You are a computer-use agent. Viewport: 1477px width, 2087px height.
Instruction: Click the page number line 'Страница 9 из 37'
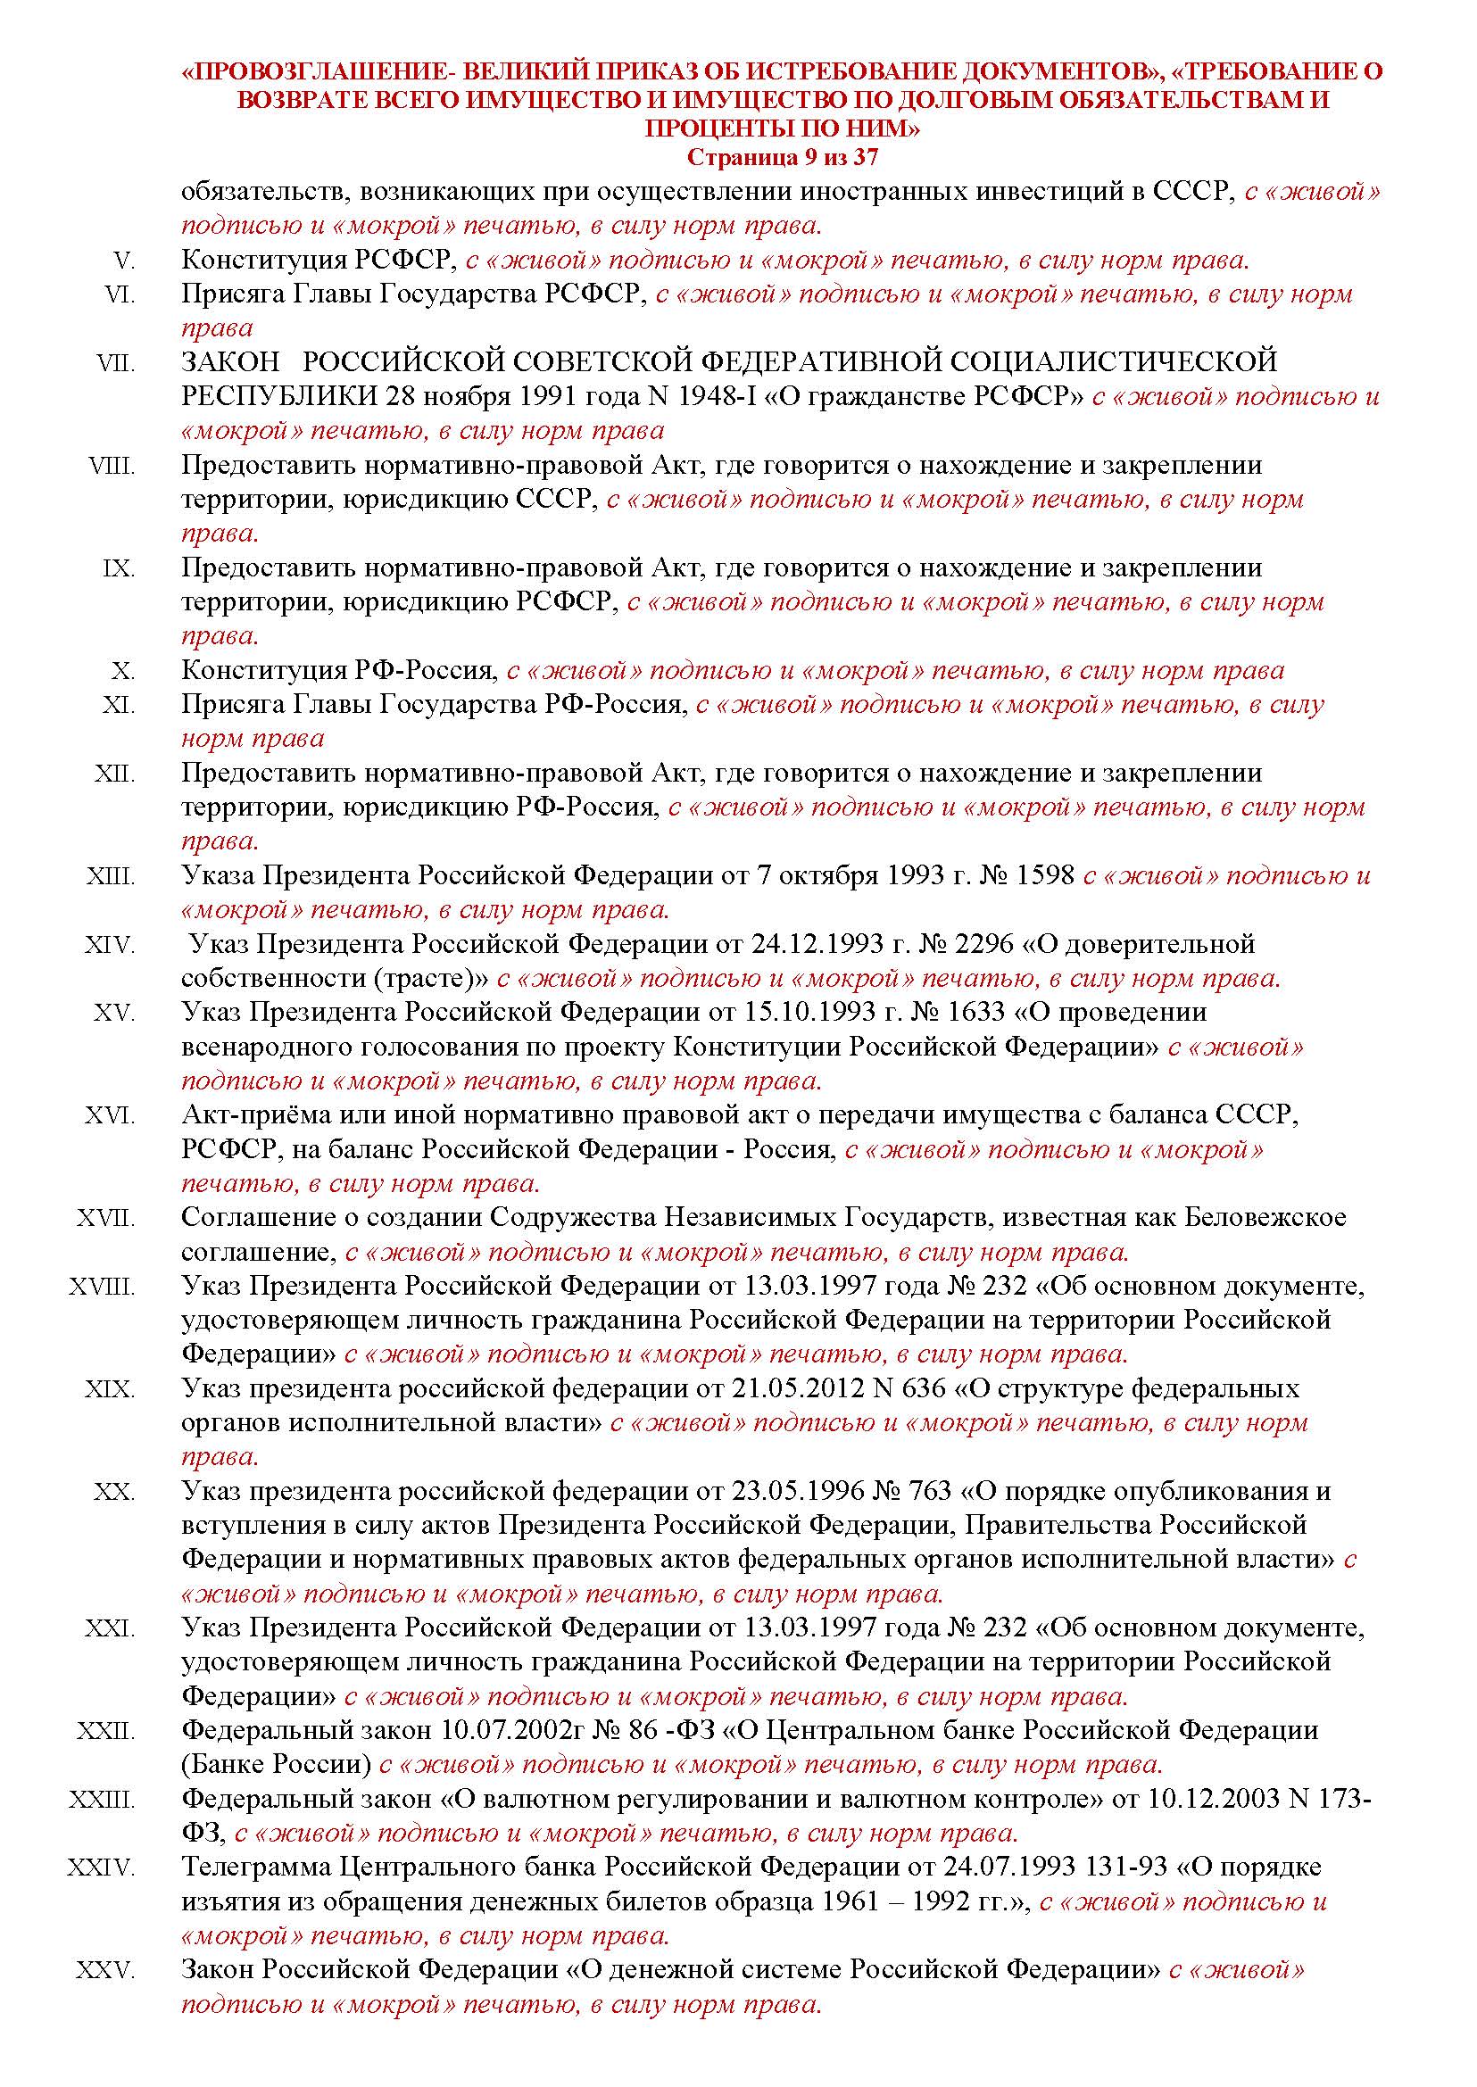pos(782,157)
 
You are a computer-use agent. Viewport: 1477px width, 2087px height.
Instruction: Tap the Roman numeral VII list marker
pos(116,363)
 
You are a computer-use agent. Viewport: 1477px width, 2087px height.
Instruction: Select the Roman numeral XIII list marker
pos(111,876)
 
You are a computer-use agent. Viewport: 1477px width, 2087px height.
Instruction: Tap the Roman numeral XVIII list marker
pos(102,1287)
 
